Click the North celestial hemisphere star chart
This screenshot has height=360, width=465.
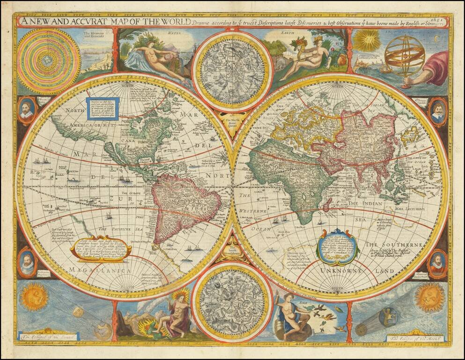(x=232, y=71)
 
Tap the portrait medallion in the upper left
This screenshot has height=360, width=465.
(x=27, y=111)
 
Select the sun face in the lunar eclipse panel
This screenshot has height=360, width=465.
(x=429, y=298)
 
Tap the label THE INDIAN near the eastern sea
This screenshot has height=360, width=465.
(x=365, y=203)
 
